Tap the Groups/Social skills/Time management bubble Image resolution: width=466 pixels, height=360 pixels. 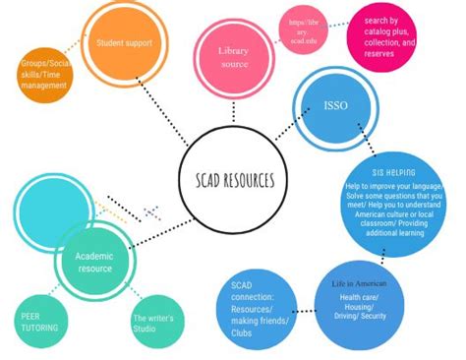(x=44, y=76)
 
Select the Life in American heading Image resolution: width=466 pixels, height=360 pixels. (x=359, y=283)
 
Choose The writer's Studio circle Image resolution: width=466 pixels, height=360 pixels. (x=153, y=322)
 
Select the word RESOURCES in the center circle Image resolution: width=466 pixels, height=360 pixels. (x=249, y=180)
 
